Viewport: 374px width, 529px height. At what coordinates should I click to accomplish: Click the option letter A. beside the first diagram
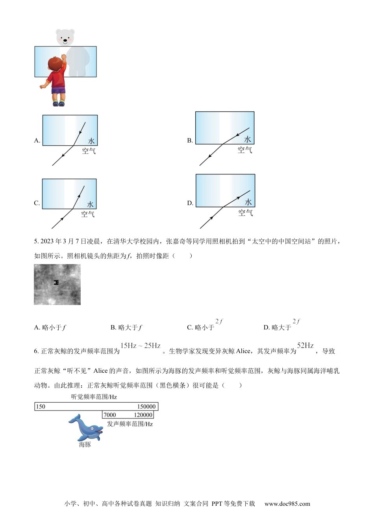pyautogui.click(x=37, y=141)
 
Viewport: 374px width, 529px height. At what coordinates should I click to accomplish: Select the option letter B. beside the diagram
pyautogui.click(x=190, y=141)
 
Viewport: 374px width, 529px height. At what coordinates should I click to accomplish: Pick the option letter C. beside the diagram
pyautogui.click(x=37, y=203)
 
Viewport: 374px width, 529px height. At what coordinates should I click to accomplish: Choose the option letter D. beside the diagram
pyautogui.click(x=190, y=203)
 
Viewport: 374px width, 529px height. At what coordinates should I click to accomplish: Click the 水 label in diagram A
pyautogui.click(x=92, y=141)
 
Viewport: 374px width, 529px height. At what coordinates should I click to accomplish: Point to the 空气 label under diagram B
pyautogui.click(x=244, y=150)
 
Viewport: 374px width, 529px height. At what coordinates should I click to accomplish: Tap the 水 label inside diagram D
pyautogui.click(x=248, y=202)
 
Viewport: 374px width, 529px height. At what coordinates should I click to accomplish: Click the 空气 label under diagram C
pyautogui.click(x=88, y=214)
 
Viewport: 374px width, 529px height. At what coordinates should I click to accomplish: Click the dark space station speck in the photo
pyautogui.click(x=56, y=282)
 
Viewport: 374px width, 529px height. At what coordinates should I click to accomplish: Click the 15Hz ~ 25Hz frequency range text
pyautogui.click(x=141, y=346)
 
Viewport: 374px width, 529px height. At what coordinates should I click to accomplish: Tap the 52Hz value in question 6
pyautogui.click(x=305, y=346)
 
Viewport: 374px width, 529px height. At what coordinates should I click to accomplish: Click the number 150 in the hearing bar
pyautogui.click(x=41, y=407)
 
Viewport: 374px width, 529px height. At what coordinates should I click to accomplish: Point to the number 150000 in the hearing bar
pyautogui.click(x=146, y=407)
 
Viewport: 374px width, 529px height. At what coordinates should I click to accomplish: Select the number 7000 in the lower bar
pyautogui.click(x=110, y=415)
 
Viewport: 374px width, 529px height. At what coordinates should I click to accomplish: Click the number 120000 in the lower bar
pyautogui.click(x=143, y=415)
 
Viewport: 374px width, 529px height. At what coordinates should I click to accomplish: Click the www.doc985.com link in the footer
pyautogui.click(x=287, y=504)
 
